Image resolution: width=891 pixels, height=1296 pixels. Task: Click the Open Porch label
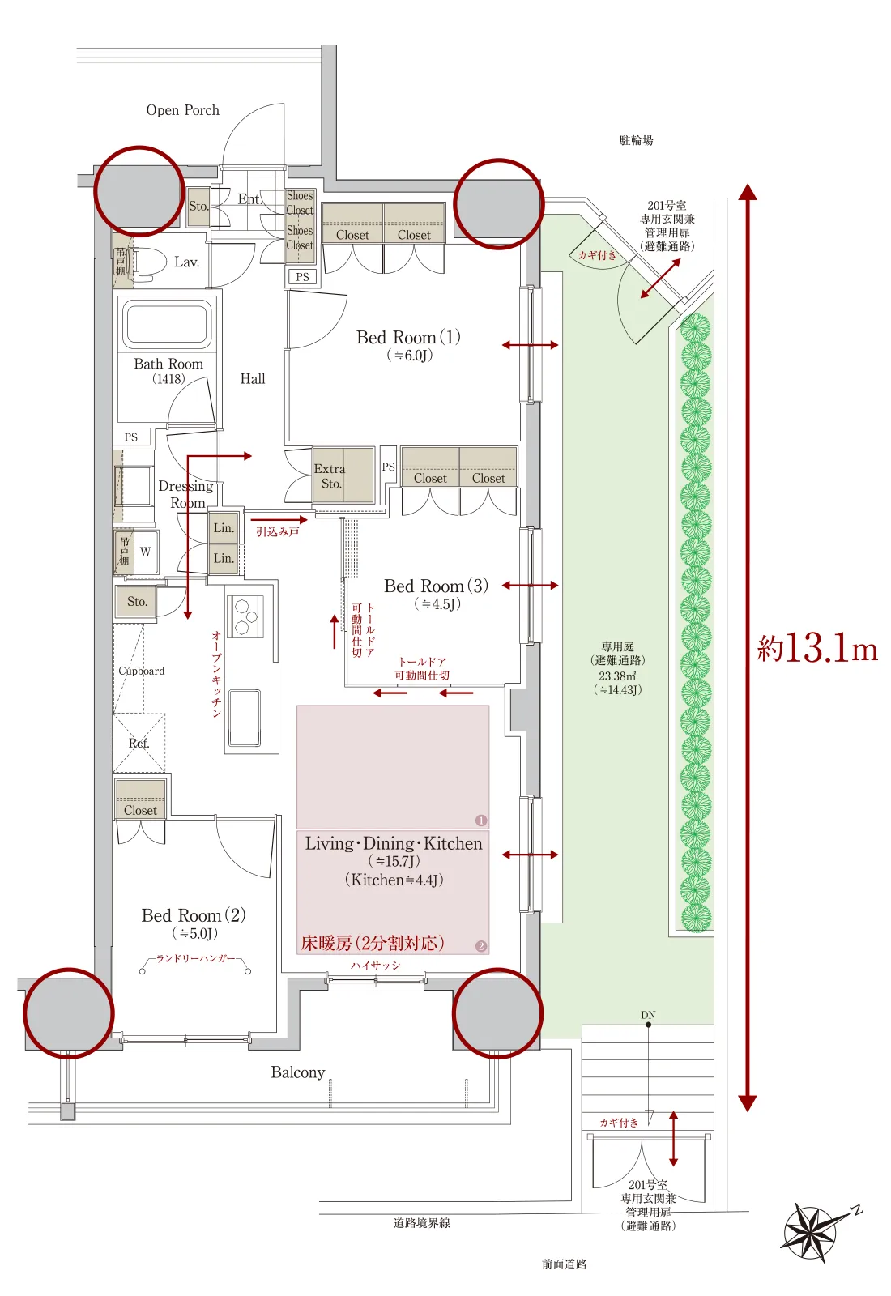click(183, 110)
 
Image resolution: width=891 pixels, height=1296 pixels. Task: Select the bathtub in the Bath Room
click(167, 323)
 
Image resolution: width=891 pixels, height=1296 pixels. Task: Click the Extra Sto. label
click(330, 476)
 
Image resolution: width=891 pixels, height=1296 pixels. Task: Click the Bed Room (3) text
click(437, 586)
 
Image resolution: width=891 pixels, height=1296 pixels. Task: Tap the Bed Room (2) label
click(194, 915)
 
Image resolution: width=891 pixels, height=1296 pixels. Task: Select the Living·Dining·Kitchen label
click(394, 843)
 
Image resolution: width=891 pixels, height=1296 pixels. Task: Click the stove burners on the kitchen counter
click(244, 616)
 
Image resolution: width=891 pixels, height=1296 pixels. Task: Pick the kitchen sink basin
click(244, 718)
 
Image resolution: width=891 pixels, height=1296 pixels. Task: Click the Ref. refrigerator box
click(139, 743)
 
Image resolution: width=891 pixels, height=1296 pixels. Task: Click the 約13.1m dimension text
click(817, 648)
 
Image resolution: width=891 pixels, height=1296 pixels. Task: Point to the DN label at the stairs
click(648, 1015)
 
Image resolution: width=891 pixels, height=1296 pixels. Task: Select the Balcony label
click(298, 1072)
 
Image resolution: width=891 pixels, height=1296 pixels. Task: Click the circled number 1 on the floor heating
click(481, 821)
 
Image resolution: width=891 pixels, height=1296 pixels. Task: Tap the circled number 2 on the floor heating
click(481, 947)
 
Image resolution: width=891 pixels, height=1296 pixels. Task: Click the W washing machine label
click(145, 552)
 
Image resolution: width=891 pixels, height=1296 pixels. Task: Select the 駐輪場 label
click(636, 141)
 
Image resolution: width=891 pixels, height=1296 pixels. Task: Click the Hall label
click(253, 379)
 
